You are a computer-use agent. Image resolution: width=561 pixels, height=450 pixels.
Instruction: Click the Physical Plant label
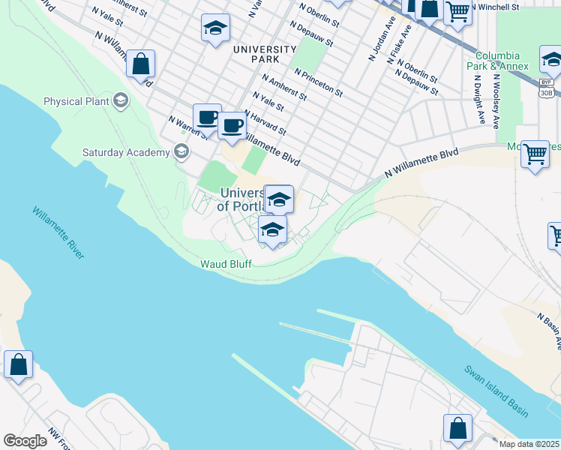[x=76, y=101]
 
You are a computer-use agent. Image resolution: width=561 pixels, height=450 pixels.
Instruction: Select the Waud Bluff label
[x=225, y=263]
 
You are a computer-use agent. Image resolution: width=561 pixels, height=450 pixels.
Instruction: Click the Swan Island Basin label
[x=496, y=391]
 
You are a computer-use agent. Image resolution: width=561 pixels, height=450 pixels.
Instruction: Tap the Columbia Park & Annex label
[x=502, y=61]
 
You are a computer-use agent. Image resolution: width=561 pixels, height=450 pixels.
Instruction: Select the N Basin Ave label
[x=549, y=331]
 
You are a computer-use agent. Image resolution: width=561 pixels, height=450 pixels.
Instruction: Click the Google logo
[x=25, y=441]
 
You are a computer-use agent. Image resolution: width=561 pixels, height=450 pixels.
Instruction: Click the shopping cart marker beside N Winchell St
[x=457, y=11]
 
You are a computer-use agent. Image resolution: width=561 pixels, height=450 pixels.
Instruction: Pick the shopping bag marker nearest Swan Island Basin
[x=457, y=429]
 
